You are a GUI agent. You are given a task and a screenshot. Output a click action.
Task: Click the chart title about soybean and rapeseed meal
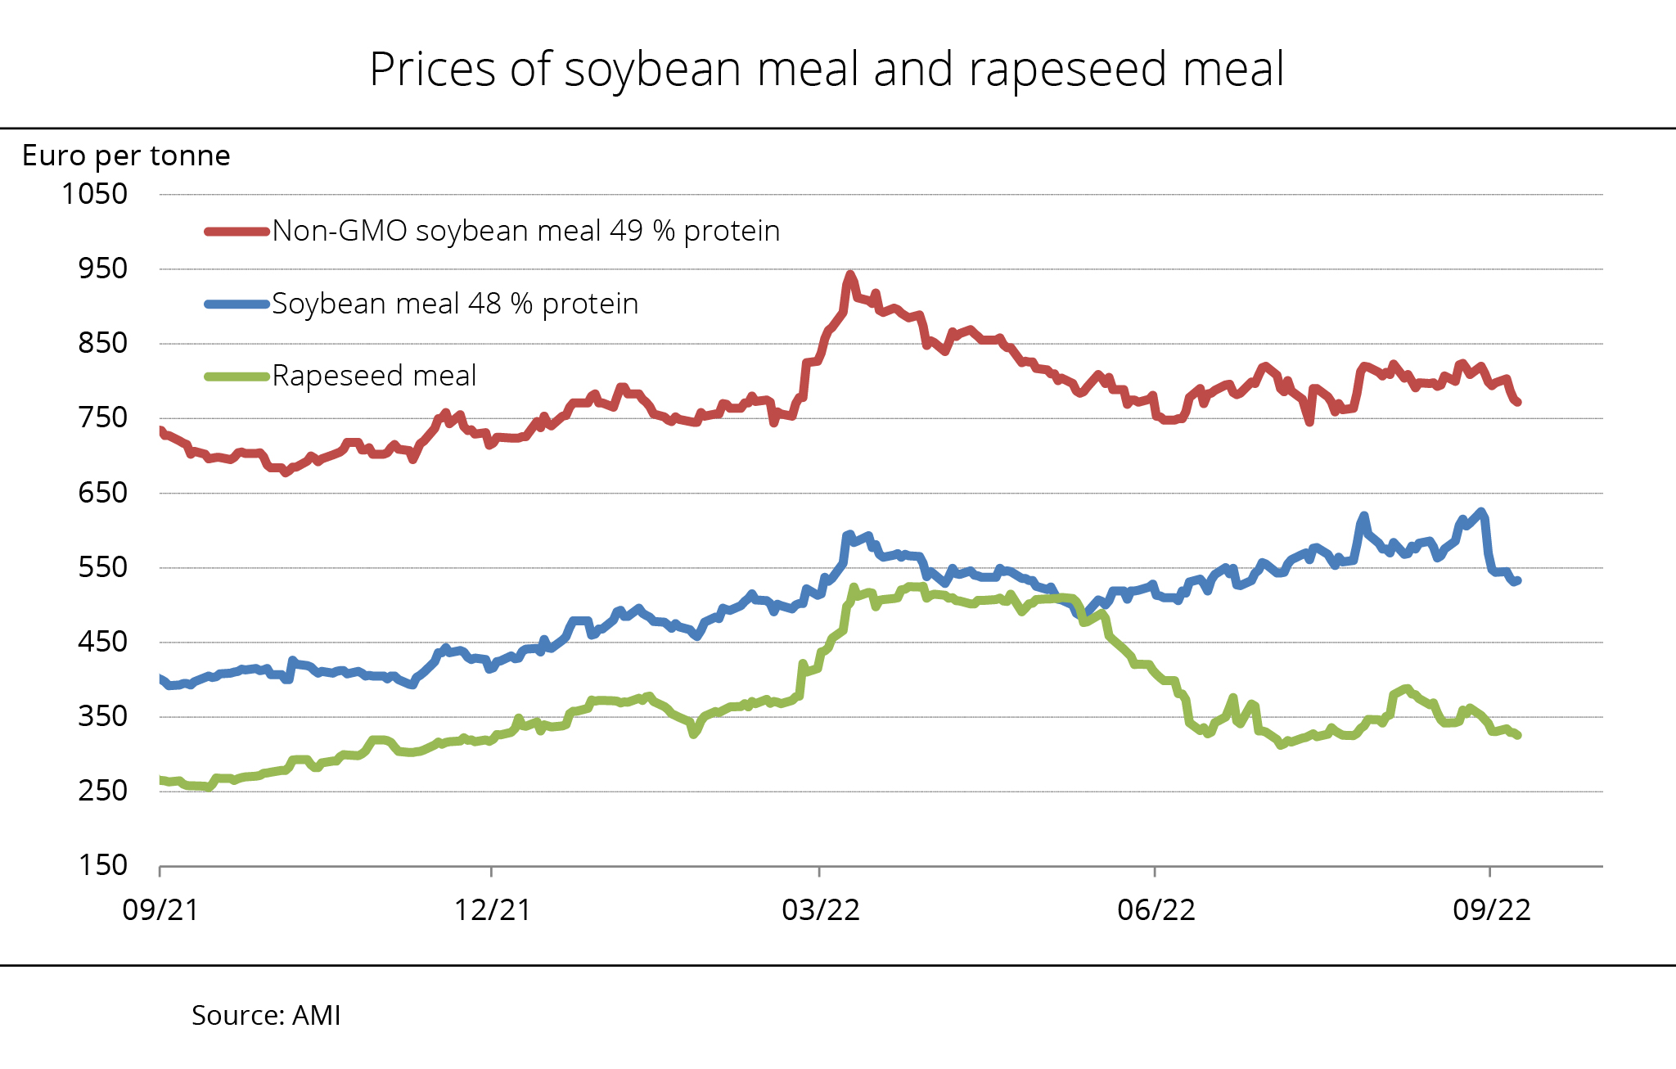click(x=827, y=69)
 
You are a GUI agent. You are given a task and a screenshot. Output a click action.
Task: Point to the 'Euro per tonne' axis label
click(x=126, y=156)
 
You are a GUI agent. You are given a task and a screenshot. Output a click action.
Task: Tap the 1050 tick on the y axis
click(x=95, y=194)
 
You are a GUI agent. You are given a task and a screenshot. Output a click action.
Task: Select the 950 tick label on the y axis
click(x=103, y=268)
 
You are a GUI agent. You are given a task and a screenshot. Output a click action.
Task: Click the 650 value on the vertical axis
click(x=103, y=493)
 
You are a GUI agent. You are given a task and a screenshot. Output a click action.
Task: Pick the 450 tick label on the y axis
click(x=103, y=642)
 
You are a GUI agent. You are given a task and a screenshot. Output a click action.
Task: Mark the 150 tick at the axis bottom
click(x=103, y=865)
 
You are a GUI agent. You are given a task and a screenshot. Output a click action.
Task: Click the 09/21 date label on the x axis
click(x=160, y=909)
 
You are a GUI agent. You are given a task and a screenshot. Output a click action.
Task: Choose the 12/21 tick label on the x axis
click(x=492, y=909)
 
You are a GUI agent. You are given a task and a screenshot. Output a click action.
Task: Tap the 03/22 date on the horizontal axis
click(x=821, y=909)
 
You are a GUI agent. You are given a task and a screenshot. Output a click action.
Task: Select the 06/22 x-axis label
click(x=1156, y=909)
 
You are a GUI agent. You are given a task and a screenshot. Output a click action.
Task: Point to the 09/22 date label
click(x=1491, y=909)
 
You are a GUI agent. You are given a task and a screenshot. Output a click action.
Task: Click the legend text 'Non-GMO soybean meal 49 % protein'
click(x=525, y=232)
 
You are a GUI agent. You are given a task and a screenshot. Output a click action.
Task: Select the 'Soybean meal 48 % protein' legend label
click(x=455, y=304)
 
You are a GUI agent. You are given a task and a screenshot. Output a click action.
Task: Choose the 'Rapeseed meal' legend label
click(x=374, y=376)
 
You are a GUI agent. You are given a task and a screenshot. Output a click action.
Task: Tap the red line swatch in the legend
click(x=237, y=232)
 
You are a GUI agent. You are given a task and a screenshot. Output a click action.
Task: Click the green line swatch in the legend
click(x=237, y=377)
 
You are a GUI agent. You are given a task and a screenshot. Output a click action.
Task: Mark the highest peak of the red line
click(x=850, y=275)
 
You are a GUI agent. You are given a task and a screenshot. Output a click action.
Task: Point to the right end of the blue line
click(x=1517, y=580)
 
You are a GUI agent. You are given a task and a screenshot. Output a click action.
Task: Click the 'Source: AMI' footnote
click(x=266, y=1015)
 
